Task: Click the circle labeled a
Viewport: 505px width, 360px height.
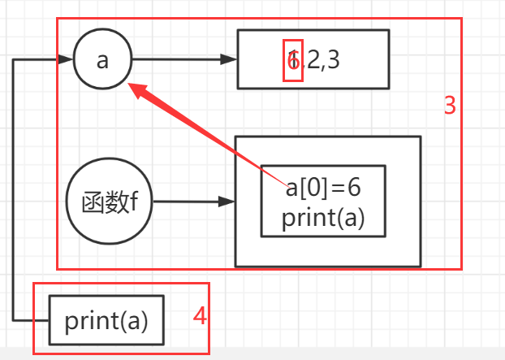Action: pos(102,60)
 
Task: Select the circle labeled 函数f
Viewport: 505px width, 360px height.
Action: pos(109,201)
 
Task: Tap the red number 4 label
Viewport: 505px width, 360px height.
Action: pos(200,316)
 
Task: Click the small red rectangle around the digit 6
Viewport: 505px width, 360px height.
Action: pos(293,59)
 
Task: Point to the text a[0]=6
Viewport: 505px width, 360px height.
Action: pos(322,188)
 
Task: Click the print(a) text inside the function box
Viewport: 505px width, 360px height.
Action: pos(323,219)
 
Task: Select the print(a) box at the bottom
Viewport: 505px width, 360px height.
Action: pos(106,320)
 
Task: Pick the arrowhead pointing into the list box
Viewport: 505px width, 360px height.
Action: pos(231,59)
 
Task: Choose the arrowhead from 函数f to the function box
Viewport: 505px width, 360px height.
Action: pos(229,201)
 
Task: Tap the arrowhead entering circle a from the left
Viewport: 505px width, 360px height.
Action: pos(66,59)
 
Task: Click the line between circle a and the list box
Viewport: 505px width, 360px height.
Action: pos(179,59)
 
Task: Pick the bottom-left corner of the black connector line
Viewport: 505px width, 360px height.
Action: pos(15,319)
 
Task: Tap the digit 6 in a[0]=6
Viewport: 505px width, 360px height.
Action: pos(353,188)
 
